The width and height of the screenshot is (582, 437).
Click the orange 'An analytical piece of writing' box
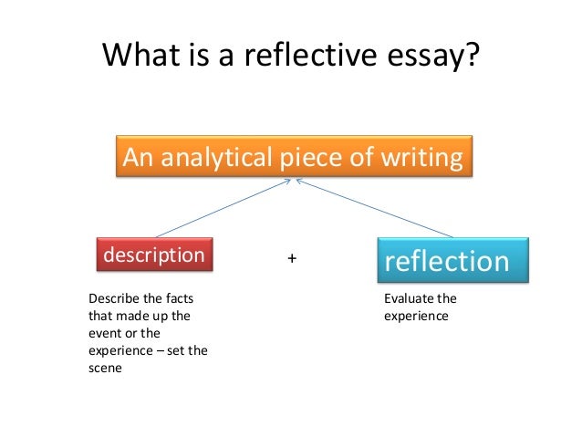[x=293, y=158]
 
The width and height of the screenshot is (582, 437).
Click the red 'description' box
[x=154, y=255]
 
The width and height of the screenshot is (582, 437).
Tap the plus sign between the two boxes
[x=292, y=259]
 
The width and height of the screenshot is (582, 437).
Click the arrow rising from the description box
[x=219, y=209]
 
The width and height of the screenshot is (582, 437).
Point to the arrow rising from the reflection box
[x=374, y=209]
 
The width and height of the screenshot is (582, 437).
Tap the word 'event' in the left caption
[x=103, y=333]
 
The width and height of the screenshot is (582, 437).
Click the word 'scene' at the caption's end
[x=104, y=368]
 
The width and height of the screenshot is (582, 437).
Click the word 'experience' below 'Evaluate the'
[x=416, y=316]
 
